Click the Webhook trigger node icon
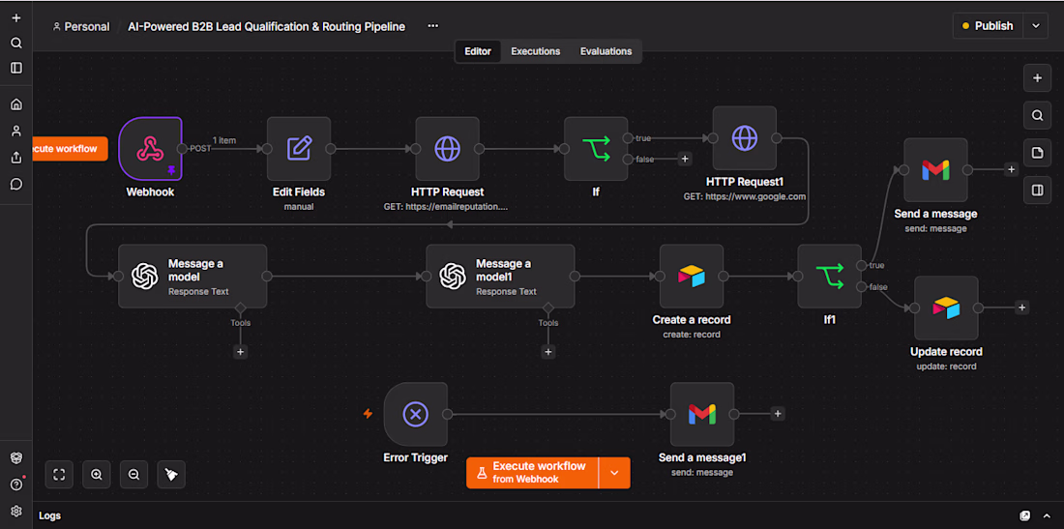point(151,149)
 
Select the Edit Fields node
point(299,149)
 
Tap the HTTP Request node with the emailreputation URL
point(447,149)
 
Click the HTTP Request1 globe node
point(745,137)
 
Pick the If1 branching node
point(829,276)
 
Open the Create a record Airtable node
point(692,276)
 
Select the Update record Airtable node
point(946,308)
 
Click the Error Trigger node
point(415,414)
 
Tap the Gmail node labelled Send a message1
point(702,414)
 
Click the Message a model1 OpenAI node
point(500,276)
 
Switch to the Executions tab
point(536,51)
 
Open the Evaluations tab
point(606,51)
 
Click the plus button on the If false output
point(685,159)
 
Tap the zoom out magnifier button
point(133,475)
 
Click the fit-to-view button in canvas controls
point(59,475)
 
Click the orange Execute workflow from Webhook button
point(532,472)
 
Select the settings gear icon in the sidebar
point(16,511)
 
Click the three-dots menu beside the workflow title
point(433,26)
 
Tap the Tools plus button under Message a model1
point(548,351)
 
